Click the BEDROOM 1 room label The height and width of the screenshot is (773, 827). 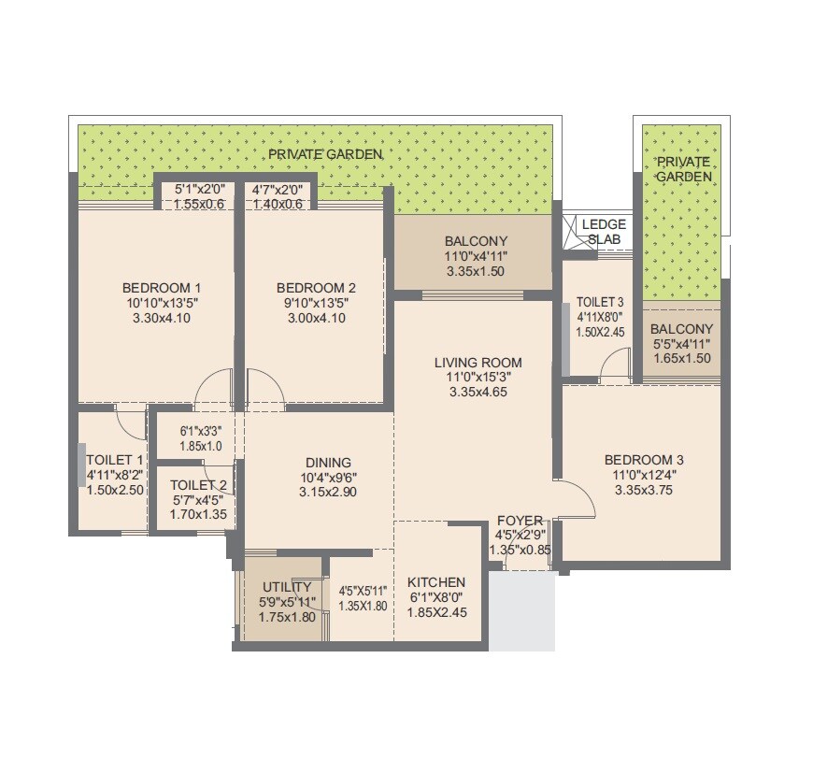[162, 287]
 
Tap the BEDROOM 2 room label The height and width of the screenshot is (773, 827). [316, 287]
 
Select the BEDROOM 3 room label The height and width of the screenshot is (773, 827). [644, 460]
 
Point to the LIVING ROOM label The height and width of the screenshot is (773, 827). [478, 362]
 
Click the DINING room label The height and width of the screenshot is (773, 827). [328, 462]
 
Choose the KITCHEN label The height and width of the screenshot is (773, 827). [436, 582]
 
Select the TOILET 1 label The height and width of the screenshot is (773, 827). [114, 460]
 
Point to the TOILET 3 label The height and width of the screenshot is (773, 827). [600, 302]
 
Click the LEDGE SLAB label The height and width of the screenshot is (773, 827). [604, 232]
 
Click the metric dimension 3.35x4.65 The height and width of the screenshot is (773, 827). [478, 393]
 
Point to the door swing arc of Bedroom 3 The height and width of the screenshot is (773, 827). [582, 502]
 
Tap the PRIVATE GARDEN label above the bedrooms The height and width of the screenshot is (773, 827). [324, 154]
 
